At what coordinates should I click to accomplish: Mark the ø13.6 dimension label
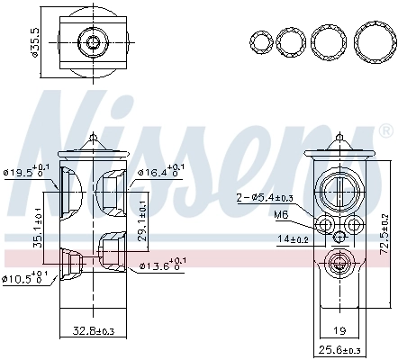[x=162, y=265]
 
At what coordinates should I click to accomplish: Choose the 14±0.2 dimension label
[x=293, y=239]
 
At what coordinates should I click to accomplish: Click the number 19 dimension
[x=339, y=331]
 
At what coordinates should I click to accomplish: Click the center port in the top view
[x=94, y=41]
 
